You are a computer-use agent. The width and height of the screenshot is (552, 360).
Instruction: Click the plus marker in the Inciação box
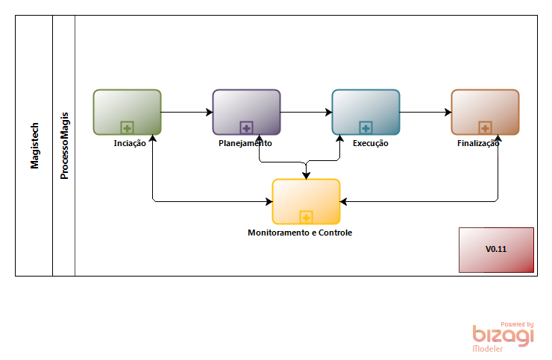(127, 127)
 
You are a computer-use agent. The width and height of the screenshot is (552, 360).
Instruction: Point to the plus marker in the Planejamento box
(246, 127)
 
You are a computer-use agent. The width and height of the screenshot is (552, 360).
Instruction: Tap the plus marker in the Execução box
(366, 127)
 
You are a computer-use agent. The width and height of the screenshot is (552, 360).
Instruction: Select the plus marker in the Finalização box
(485, 127)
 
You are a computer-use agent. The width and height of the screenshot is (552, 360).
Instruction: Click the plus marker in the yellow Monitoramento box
(306, 217)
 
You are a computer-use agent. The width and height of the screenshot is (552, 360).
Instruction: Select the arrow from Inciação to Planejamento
(186, 113)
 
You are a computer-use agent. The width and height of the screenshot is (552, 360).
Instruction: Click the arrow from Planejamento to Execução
(306, 113)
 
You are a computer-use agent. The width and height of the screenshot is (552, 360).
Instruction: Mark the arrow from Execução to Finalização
(425, 113)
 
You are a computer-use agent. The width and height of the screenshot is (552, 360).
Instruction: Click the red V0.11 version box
(496, 250)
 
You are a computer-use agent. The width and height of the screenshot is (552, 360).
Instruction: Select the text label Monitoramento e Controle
(300, 233)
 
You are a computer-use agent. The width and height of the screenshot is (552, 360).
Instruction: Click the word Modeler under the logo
(488, 349)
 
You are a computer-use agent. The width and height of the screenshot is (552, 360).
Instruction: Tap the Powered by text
(517, 324)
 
